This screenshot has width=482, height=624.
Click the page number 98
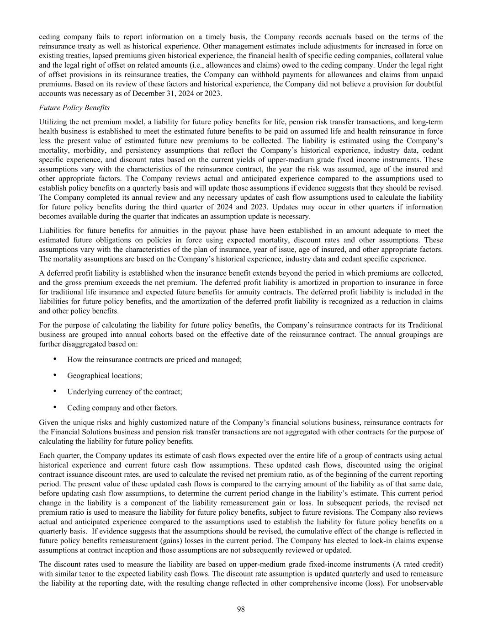(241, 608)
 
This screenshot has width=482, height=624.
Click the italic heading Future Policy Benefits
(74, 108)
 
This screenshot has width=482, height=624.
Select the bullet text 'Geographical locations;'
(105, 375)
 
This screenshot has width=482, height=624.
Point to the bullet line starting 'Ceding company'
(122, 407)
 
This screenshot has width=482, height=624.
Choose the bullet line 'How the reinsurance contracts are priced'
(154, 359)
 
